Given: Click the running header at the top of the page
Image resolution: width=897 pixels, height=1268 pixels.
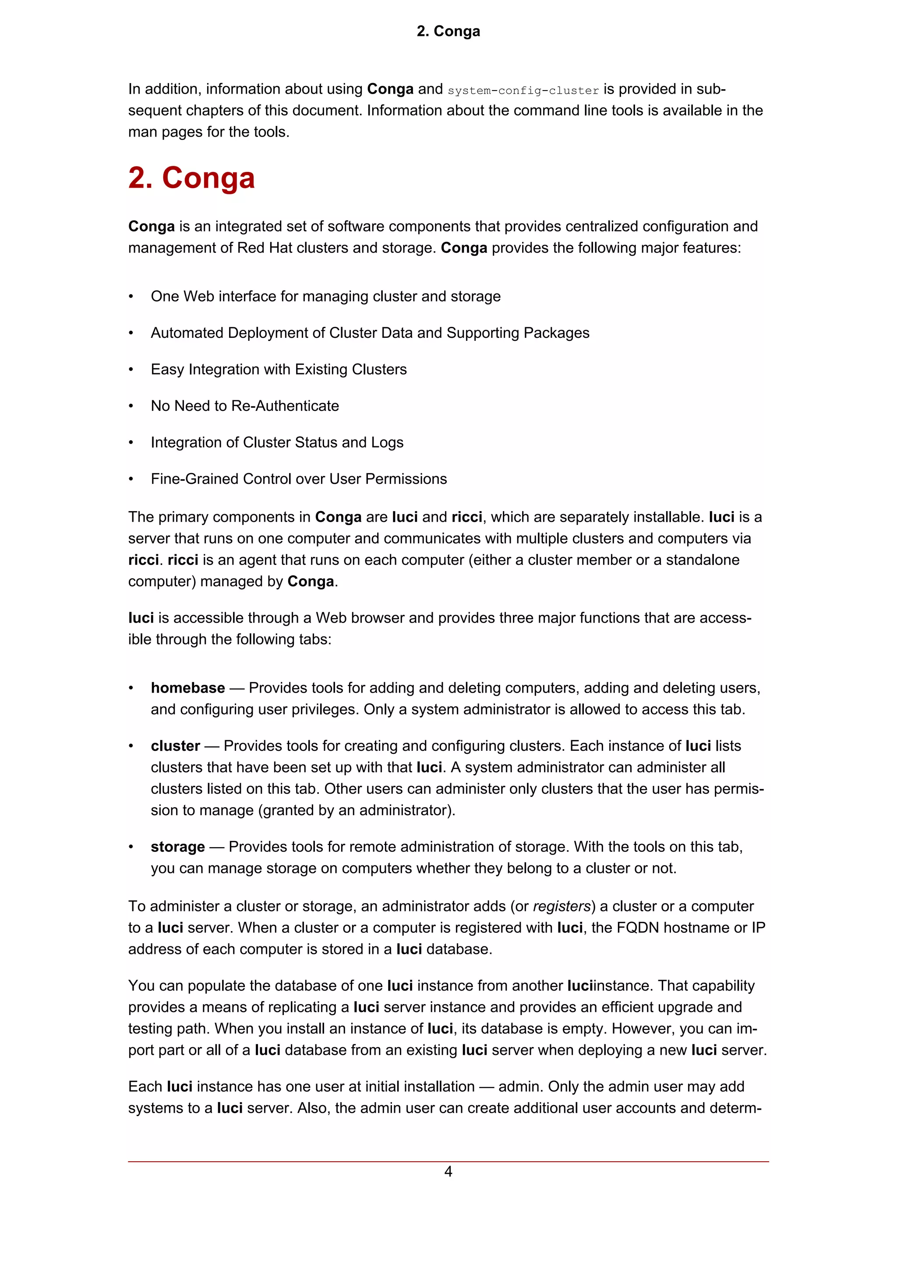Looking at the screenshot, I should coord(448,32).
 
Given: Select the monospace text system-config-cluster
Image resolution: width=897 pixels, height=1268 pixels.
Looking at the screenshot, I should coord(523,91).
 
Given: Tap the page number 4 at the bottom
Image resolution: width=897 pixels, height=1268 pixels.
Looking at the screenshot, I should coord(448,1171).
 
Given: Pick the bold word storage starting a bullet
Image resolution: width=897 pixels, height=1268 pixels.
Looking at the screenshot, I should coord(177,847).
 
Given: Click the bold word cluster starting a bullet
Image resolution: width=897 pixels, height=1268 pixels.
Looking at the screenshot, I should coord(175,746).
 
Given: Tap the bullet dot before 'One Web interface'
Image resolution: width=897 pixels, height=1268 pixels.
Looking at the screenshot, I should coord(131,297).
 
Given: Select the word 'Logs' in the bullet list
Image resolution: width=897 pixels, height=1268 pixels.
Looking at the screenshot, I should coord(388,442).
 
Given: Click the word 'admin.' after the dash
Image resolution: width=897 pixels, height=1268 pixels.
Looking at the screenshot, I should coord(521,1087).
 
